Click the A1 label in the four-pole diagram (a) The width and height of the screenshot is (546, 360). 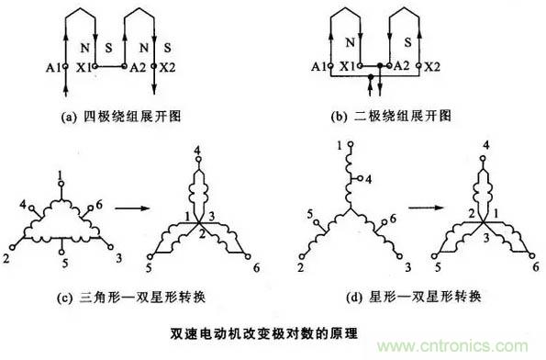pyautogui.click(x=53, y=67)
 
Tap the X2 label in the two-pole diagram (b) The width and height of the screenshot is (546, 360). pyautogui.click(x=432, y=66)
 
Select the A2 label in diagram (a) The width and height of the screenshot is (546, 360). pyautogui.click(x=138, y=67)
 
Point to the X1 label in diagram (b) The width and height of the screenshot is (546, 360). pyautogui.click(x=348, y=66)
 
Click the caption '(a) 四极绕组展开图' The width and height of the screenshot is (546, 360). pyautogui.click(x=121, y=117)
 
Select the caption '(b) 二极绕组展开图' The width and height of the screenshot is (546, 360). pyautogui.click(x=391, y=116)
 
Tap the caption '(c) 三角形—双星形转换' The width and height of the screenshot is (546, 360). pyautogui.click(x=131, y=298)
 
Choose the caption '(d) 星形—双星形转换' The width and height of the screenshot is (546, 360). pyautogui.click(x=414, y=297)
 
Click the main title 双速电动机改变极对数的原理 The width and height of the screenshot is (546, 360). pyautogui.click(x=264, y=333)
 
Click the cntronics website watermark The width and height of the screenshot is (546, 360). pyautogui.click(x=452, y=346)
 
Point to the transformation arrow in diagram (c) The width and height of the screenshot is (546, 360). pyautogui.click(x=132, y=208)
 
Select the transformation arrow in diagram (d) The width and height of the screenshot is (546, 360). pyautogui.click(x=426, y=208)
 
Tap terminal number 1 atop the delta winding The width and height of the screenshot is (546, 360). pyautogui.click(x=61, y=175)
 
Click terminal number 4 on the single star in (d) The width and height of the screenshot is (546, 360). pyautogui.click(x=368, y=179)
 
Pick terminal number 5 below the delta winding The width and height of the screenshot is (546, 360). pyautogui.click(x=65, y=264)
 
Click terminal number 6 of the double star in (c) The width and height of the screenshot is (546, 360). pyautogui.click(x=257, y=267)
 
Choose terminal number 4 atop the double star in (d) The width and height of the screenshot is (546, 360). pyautogui.click(x=486, y=144)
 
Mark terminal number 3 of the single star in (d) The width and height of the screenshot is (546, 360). pyautogui.click(x=407, y=267)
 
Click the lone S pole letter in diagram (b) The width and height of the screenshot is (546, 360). pyautogui.click(x=408, y=42)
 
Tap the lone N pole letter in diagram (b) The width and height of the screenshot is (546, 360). pyautogui.click(x=350, y=42)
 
